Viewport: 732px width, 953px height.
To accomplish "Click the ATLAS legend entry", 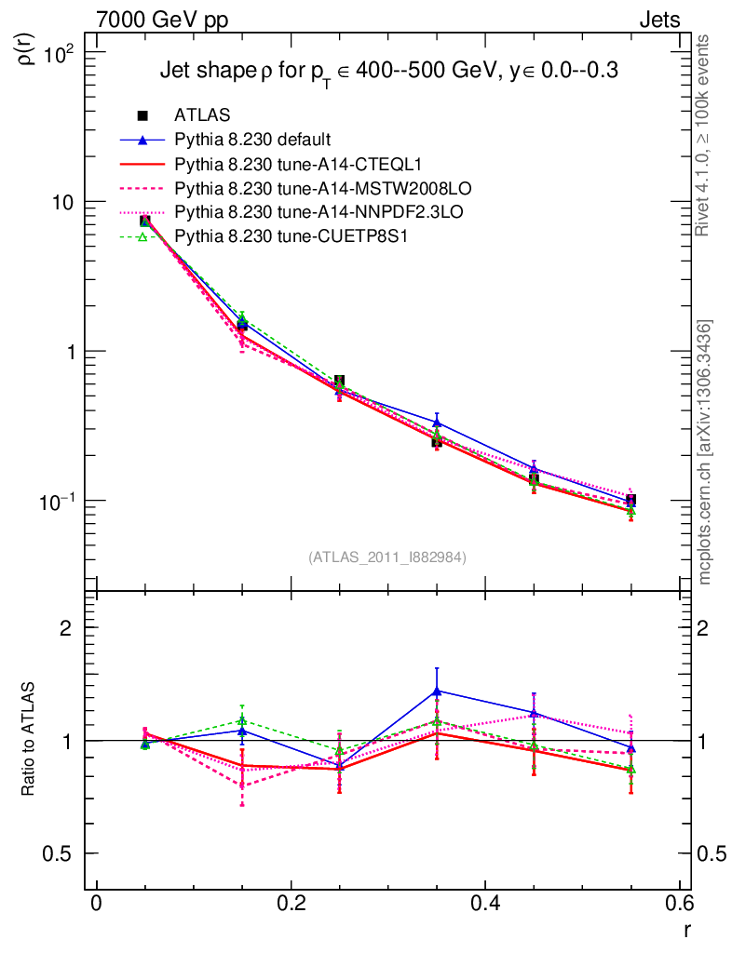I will click(x=202, y=115).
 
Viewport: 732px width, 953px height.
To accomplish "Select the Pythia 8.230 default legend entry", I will click(x=251, y=140).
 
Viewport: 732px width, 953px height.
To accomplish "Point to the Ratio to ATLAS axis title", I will click(x=28, y=740).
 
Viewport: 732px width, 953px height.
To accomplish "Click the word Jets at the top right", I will click(x=658, y=20).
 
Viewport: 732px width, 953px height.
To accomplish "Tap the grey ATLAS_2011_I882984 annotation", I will click(x=387, y=557).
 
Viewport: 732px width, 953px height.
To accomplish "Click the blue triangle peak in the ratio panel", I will click(x=437, y=691).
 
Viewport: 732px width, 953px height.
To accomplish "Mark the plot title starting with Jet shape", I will click(x=389, y=70).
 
